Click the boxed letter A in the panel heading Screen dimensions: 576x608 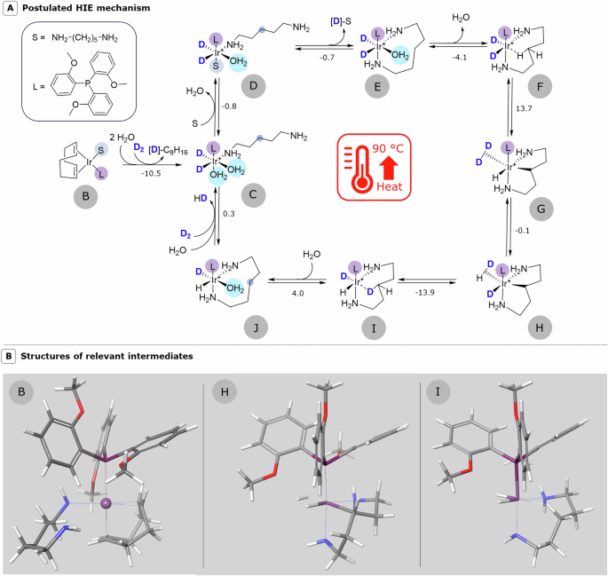click(8, 8)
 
